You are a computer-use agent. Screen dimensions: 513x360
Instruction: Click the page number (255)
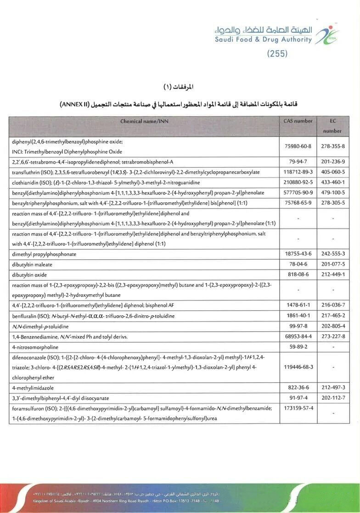pyautogui.click(x=277, y=54)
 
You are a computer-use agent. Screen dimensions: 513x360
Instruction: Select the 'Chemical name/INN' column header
pyautogui.click(x=144, y=121)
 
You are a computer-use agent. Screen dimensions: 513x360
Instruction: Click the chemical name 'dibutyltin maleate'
pyautogui.click(x=32, y=264)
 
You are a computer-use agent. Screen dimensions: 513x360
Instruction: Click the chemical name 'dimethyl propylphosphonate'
pyautogui.click(x=44, y=254)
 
